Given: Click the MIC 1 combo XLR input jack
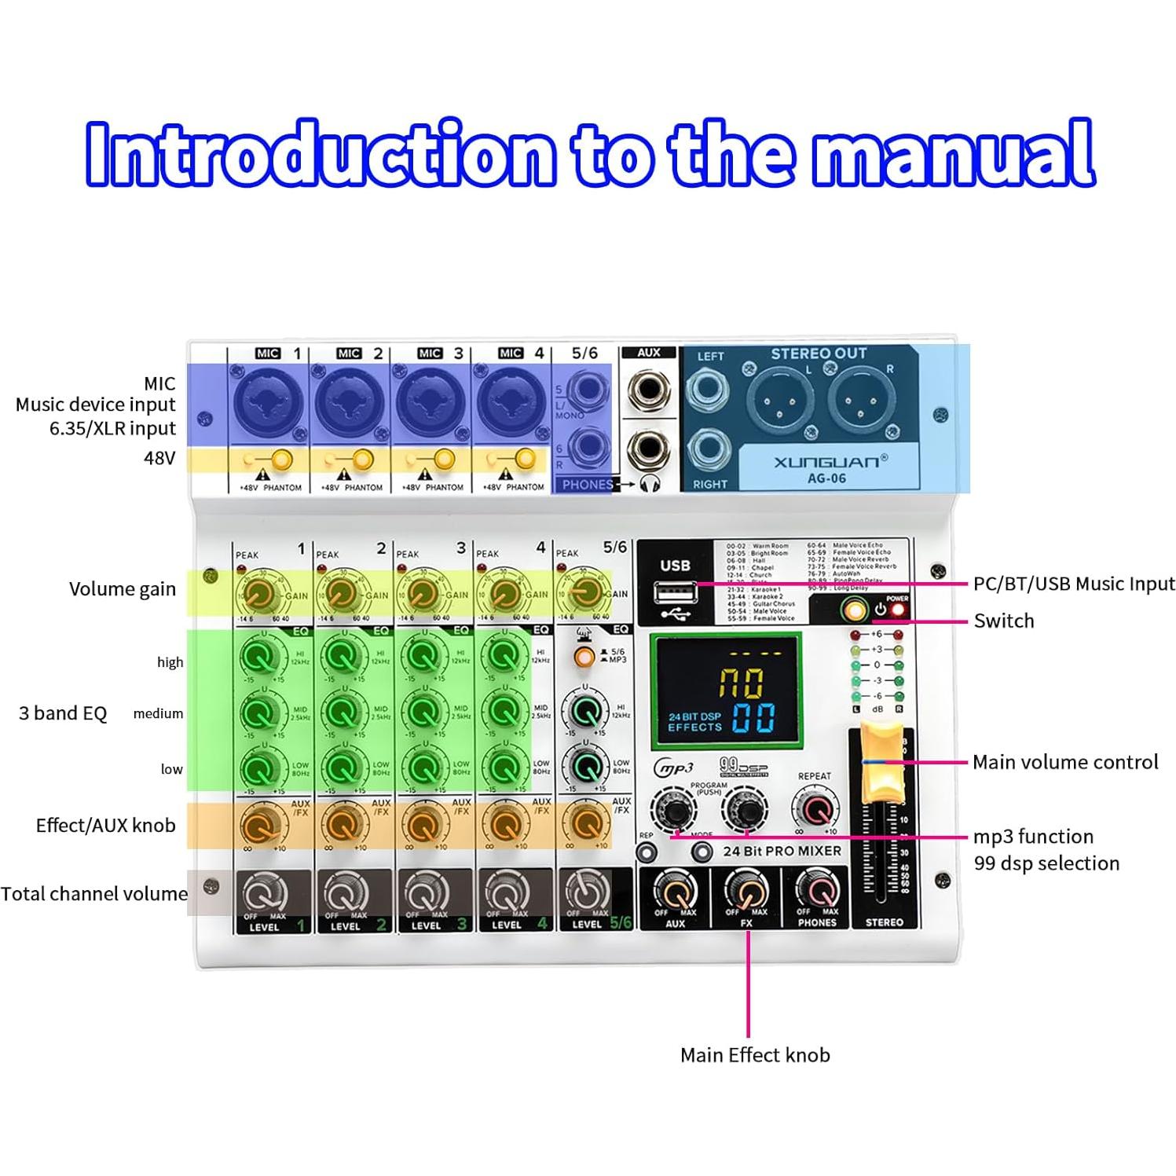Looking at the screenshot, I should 267,402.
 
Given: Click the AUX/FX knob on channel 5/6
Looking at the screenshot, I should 584,823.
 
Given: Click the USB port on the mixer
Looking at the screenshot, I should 676,591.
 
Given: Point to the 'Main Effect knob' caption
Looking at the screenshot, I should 755,1055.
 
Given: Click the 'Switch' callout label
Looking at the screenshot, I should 1004,621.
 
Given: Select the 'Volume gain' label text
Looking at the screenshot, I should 123,589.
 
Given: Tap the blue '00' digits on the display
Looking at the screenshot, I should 753,717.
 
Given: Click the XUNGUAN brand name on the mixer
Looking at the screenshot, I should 826,461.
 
